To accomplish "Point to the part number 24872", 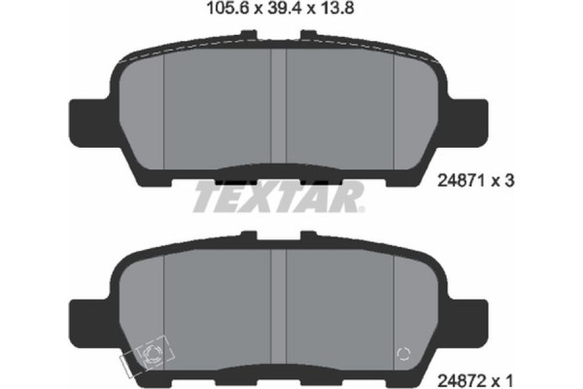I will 464,371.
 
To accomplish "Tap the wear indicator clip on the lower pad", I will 149,358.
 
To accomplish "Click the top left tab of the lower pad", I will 250,235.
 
